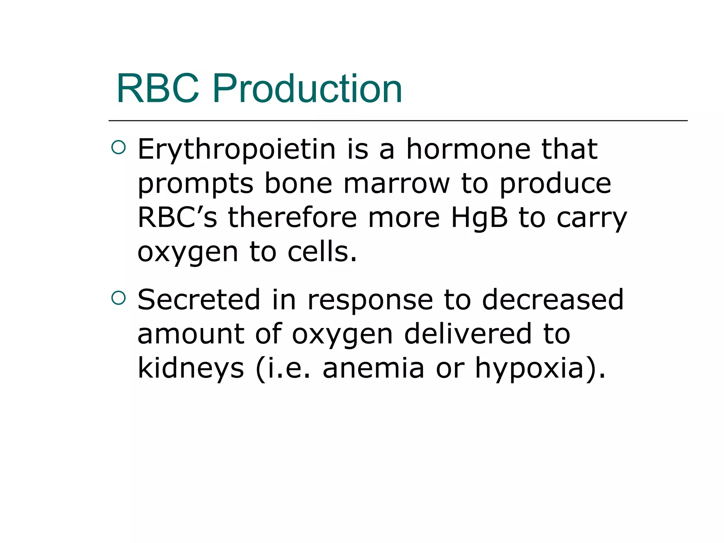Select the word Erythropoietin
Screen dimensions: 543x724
[x=237, y=150]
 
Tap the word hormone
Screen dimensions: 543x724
[x=468, y=149]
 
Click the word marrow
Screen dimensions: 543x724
[x=397, y=184]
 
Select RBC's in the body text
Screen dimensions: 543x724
[x=177, y=217]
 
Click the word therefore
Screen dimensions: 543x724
[x=292, y=217]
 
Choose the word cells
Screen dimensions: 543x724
[x=322, y=252]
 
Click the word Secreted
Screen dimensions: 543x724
[x=199, y=300]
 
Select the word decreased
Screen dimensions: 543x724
[x=553, y=300]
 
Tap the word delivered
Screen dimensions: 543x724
[x=468, y=334]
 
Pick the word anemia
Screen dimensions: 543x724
[x=373, y=368]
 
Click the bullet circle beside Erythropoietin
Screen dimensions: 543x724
[x=118, y=148]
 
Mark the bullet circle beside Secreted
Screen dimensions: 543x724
[x=118, y=298]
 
